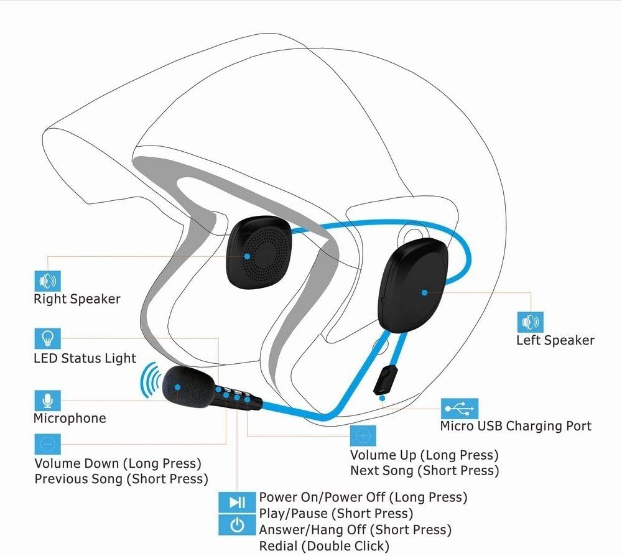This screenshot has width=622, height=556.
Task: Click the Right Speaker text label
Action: point(77,299)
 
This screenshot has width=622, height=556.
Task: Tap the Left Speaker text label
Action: point(555,340)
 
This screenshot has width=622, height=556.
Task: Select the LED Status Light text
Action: point(84,358)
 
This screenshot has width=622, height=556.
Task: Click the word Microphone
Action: point(70,418)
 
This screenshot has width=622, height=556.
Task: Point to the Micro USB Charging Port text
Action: point(516,426)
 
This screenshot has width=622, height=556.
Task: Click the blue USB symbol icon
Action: point(460,409)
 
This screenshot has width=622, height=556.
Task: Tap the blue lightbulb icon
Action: point(48,340)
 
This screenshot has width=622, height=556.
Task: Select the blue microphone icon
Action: point(48,399)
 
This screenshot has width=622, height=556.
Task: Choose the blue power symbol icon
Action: point(236,526)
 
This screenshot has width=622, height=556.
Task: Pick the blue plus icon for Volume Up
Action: point(363,435)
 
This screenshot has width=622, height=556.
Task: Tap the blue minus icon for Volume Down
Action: point(48,444)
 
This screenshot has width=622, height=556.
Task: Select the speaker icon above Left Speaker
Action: point(530,322)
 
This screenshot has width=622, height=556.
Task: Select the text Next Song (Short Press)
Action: point(424,471)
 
